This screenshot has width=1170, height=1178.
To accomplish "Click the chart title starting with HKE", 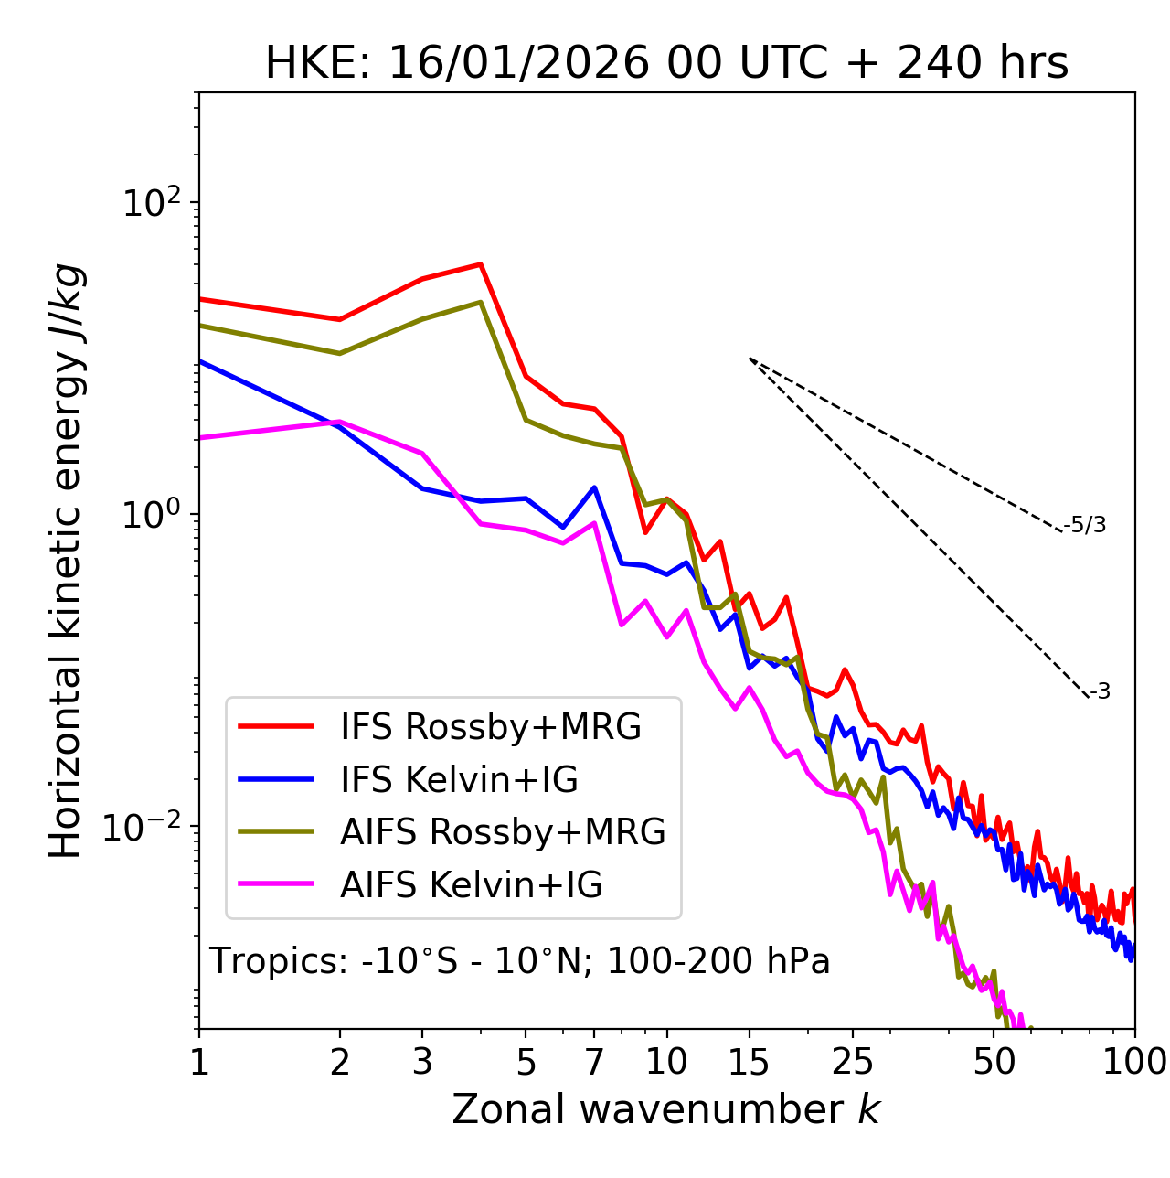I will coord(666,64).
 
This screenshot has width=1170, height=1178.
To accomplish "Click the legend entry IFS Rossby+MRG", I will coord(490,726).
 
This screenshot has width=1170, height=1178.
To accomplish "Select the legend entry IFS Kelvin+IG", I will coord(459,779).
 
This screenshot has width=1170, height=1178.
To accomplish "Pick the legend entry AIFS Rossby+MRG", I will coord(503,831).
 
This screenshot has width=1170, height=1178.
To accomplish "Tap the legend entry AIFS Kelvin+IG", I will coord(471,884).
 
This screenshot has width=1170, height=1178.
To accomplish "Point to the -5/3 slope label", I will coord(1085,525).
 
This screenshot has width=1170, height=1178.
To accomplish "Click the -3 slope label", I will coord(1100,691).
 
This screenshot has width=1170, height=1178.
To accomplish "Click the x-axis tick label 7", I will coord(594,1061).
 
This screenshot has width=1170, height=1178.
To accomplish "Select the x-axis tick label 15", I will coord(750,1061).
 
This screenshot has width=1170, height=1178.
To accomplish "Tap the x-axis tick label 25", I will coord(853,1061).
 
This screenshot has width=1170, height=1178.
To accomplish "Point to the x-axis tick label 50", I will coord(994,1061).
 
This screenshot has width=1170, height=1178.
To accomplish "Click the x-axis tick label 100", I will coord(1135,1061).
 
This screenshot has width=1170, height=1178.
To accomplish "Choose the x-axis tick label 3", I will coord(422,1061).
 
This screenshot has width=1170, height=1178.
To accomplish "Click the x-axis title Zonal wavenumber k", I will coord(666,1109).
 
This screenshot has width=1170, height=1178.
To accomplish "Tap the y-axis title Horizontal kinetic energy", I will coord(66,562).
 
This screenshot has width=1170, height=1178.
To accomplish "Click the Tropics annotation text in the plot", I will coord(519,961).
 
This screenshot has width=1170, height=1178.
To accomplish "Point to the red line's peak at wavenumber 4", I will coord(481,264).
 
